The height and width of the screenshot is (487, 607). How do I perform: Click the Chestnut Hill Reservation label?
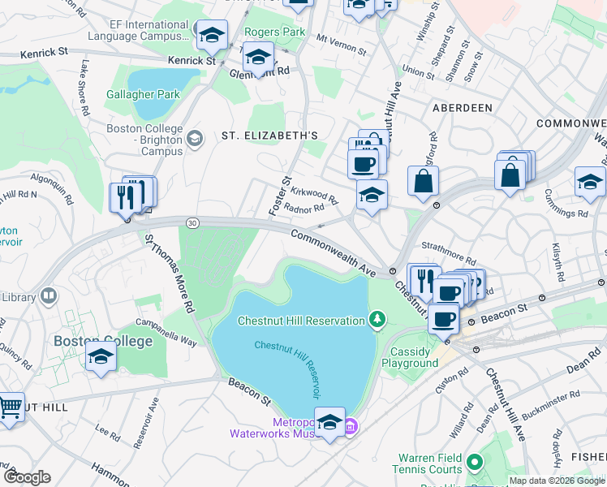point(301,321)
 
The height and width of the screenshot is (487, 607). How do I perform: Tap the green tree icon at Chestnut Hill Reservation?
point(377,320)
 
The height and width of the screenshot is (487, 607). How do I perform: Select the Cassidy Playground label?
point(415,357)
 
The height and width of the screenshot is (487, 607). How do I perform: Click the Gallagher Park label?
point(143,94)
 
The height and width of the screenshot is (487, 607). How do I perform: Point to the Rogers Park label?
point(275,32)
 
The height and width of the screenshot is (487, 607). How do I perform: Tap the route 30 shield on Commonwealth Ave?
point(192,222)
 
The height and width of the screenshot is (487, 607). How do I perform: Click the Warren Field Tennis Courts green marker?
point(475,463)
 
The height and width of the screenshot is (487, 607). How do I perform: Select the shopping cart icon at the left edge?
point(10,407)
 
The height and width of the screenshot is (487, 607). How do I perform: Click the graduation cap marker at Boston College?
point(101,357)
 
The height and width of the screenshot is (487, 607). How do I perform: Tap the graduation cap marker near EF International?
point(213,36)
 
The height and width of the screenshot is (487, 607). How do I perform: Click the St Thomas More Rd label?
point(169,274)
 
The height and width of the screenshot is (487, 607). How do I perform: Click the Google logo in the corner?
point(27,477)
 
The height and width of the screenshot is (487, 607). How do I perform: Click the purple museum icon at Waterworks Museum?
point(351,426)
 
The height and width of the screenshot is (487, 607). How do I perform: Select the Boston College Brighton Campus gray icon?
point(194,138)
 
